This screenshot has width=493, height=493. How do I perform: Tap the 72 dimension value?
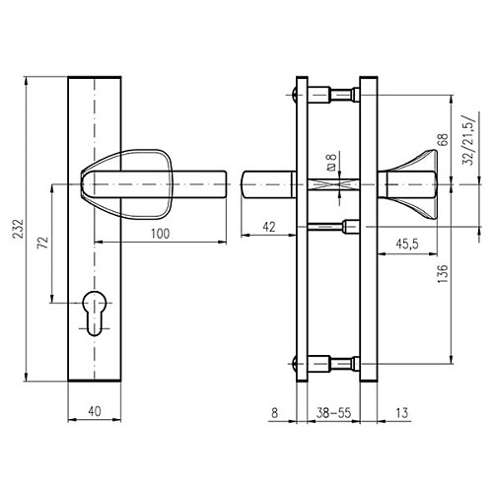[x=43, y=243]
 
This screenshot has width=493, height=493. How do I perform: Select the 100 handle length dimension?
[x=161, y=234]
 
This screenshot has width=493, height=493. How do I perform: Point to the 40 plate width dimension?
[x=95, y=411]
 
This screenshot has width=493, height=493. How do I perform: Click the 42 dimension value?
[x=269, y=227]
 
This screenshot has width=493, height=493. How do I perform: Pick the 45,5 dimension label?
[x=407, y=245]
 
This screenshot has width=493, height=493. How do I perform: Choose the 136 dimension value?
[x=443, y=273]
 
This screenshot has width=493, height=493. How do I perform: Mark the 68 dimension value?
[x=443, y=140]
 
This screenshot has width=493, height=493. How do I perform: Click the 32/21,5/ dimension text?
[x=469, y=140]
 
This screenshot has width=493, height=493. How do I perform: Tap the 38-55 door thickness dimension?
[x=333, y=413]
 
